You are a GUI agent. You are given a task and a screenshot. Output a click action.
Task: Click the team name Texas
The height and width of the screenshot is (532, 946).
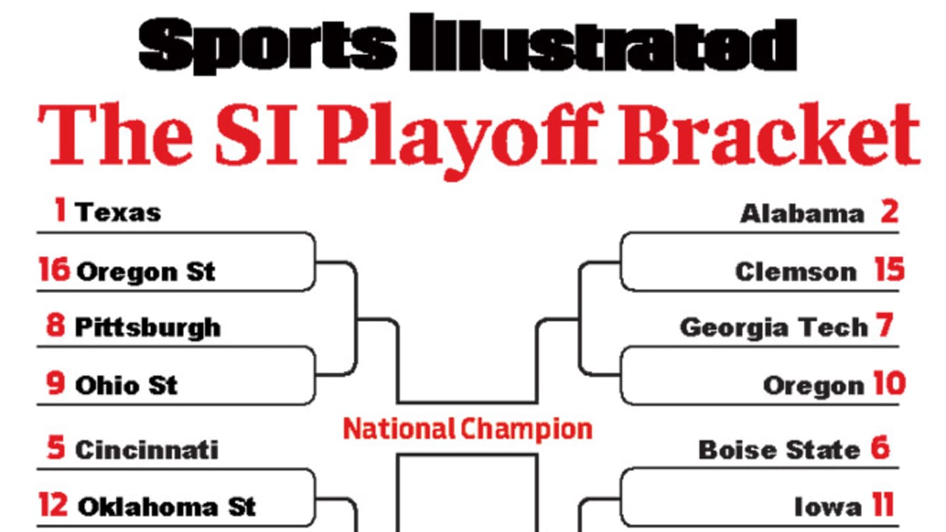118,213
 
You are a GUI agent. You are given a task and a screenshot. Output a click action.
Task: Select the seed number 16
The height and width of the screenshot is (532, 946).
54,271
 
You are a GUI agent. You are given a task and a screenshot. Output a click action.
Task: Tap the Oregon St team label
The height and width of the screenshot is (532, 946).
146,272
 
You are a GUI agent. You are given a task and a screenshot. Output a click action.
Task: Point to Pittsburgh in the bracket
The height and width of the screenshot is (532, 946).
148,328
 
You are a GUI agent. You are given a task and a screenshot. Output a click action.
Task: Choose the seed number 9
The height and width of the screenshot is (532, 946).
56,384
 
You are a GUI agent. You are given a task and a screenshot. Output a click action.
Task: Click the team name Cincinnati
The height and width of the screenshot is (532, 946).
146,451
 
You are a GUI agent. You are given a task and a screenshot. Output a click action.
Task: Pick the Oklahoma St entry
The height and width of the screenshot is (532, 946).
167,507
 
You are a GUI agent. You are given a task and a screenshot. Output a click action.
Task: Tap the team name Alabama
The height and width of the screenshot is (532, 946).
802,213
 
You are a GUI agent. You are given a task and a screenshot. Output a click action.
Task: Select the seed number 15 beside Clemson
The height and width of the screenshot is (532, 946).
890,271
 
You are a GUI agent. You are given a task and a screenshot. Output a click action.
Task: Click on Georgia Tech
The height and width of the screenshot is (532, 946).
774,327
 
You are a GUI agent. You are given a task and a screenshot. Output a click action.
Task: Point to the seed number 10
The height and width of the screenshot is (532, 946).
889,384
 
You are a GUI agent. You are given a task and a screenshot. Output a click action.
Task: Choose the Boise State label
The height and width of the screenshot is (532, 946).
778,451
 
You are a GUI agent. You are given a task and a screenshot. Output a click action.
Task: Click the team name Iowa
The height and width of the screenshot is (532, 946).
828,507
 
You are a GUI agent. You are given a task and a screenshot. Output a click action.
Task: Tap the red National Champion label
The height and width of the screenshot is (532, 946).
468,430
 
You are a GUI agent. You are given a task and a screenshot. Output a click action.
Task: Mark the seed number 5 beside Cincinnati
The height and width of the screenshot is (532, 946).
56,449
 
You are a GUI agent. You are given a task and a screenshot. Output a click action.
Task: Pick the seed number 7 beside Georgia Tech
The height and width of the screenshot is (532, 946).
884,326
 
